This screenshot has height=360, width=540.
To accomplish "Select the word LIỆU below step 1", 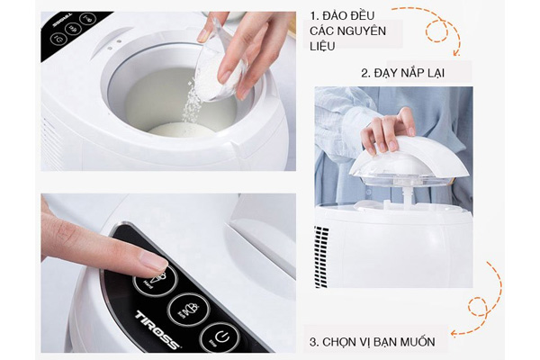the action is tap(322, 46).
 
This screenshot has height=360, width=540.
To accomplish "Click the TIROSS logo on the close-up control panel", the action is tap(157, 329).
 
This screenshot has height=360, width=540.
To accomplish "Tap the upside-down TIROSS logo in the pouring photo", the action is tap(63, 21).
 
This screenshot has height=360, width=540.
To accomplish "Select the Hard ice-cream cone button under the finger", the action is tap(156, 282).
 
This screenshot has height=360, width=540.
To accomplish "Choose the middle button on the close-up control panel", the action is tap(188, 309).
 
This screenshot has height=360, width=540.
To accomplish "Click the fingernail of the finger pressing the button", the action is tap(154, 260).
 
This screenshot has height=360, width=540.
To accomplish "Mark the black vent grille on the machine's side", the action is tap(321, 256).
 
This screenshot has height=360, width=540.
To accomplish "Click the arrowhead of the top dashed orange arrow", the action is tap(456, 53).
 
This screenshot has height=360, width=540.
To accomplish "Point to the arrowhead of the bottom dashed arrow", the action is tap(454, 333).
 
